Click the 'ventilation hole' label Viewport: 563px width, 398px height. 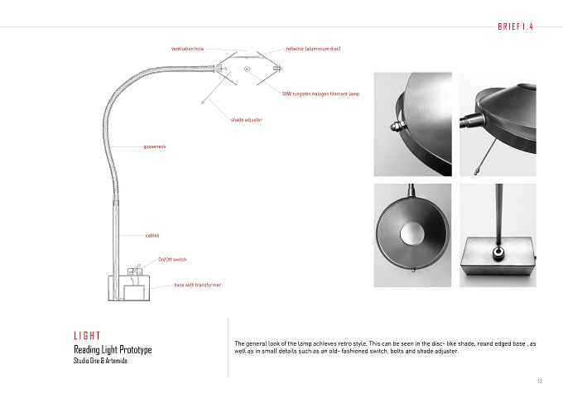click(187, 49)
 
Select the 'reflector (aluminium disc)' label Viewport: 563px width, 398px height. click(313, 49)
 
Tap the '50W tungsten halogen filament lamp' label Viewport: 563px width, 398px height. click(320, 94)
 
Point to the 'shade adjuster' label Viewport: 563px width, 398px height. click(247, 120)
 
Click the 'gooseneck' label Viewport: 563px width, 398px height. click(154, 146)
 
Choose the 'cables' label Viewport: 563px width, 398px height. click(152, 236)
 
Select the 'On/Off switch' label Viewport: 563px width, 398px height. click(172, 260)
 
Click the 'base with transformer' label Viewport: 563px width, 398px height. click(198, 285)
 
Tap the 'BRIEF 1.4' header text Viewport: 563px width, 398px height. click(515, 26)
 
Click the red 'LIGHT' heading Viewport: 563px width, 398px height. click(87, 336)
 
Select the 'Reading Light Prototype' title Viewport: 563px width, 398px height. click(113, 349)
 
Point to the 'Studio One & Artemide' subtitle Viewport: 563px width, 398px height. click(100, 361)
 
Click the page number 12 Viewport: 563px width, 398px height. click(540, 381)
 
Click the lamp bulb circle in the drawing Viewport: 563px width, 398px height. click(247, 69)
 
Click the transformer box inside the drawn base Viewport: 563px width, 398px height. click(135, 292)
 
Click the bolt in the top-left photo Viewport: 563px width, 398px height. click(397, 126)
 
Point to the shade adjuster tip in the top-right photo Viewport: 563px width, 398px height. click(476, 173)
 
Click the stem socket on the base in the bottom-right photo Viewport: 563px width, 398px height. click(498, 253)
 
